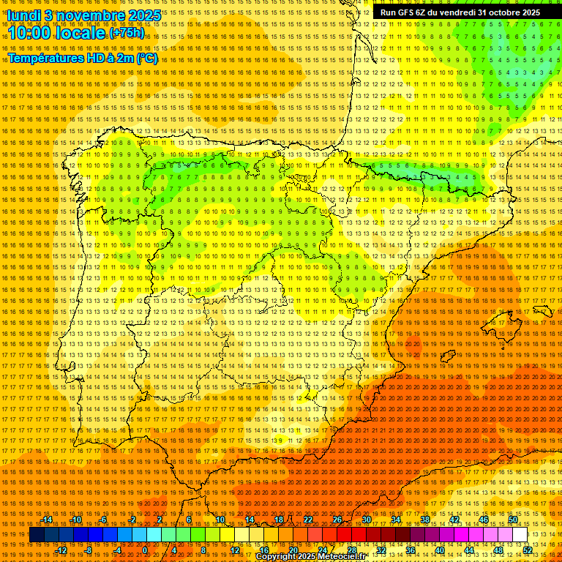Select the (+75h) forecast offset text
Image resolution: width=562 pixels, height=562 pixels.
[x=127, y=33]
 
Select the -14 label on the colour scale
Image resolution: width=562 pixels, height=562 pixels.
[x=48, y=520]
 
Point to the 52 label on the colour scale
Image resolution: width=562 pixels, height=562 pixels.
[x=528, y=550]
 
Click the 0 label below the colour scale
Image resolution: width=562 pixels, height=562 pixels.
[x=145, y=550]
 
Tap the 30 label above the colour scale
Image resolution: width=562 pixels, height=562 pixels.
[x=366, y=520]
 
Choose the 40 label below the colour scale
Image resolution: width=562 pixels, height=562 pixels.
[x=439, y=550]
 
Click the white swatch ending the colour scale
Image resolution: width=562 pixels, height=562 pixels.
[x=520, y=534]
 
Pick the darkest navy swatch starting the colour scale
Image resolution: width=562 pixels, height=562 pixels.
[x=37, y=534]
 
